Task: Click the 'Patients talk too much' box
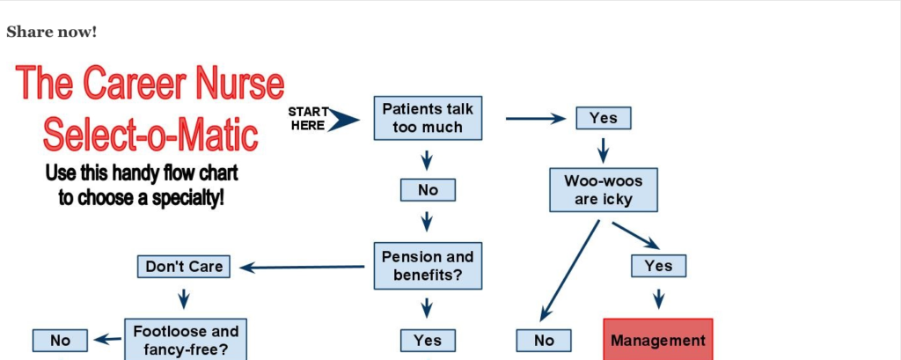point(429,118)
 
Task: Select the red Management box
point(658,340)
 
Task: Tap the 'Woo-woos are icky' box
point(604,190)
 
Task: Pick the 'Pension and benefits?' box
point(429,265)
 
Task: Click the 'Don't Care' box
point(184,267)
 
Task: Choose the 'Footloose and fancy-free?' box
point(186,339)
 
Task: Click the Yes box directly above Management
point(658,266)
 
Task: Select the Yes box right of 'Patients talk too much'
point(604,118)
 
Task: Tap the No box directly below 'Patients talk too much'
point(429,190)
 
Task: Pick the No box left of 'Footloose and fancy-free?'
point(61,341)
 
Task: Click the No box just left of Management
point(544,341)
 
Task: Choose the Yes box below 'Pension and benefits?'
point(429,341)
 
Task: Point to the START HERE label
point(308,119)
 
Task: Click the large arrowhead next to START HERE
point(344,121)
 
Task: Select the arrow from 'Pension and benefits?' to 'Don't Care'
point(303,268)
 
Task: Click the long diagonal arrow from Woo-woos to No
point(569,271)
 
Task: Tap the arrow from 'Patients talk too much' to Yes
point(536,119)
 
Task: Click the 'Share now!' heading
point(52,33)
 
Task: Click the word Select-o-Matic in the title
point(150,134)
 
